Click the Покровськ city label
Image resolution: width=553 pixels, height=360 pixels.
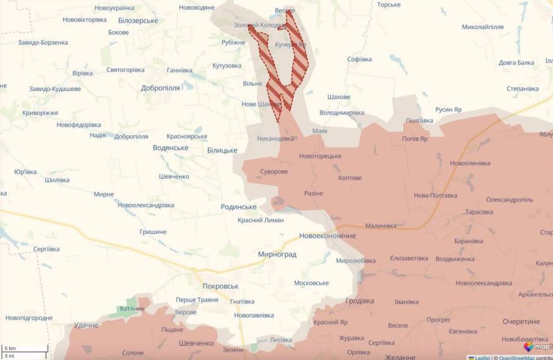pyautogui.click(x=220, y=286)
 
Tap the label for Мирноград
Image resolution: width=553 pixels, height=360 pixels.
pyautogui.click(x=277, y=254)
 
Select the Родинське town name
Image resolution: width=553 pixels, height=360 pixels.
pyautogui.click(x=238, y=207)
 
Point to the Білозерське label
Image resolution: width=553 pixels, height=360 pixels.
pyautogui.click(x=138, y=21)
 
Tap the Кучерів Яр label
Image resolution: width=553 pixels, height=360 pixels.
pyautogui.click(x=291, y=44)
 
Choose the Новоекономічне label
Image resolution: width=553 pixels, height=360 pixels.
pyautogui.click(x=327, y=236)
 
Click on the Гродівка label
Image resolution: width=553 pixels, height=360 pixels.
pyautogui.click(x=359, y=301)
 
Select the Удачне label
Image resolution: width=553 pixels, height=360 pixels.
pyautogui.click(x=86, y=325)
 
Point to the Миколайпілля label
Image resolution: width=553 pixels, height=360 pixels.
pyautogui.click(x=483, y=27)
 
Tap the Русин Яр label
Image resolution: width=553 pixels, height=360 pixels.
pyautogui.click(x=448, y=109)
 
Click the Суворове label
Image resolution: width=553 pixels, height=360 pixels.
pyautogui.click(x=274, y=172)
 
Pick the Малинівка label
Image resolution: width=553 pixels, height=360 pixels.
pyautogui.click(x=381, y=226)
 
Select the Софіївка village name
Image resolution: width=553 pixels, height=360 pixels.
pyautogui.click(x=359, y=59)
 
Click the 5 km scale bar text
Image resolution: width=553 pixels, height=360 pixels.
pyautogui.click(x=10, y=348)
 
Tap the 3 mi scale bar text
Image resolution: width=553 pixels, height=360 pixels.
pyautogui.click(x=10, y=356)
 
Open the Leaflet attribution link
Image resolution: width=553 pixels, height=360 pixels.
pyautogui.click(x=482, y=357)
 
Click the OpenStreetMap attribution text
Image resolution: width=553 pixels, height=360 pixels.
pyautogui.click(x=518, y=357)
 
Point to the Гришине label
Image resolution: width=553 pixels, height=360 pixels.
pyautogui.click(x=153, y=232)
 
